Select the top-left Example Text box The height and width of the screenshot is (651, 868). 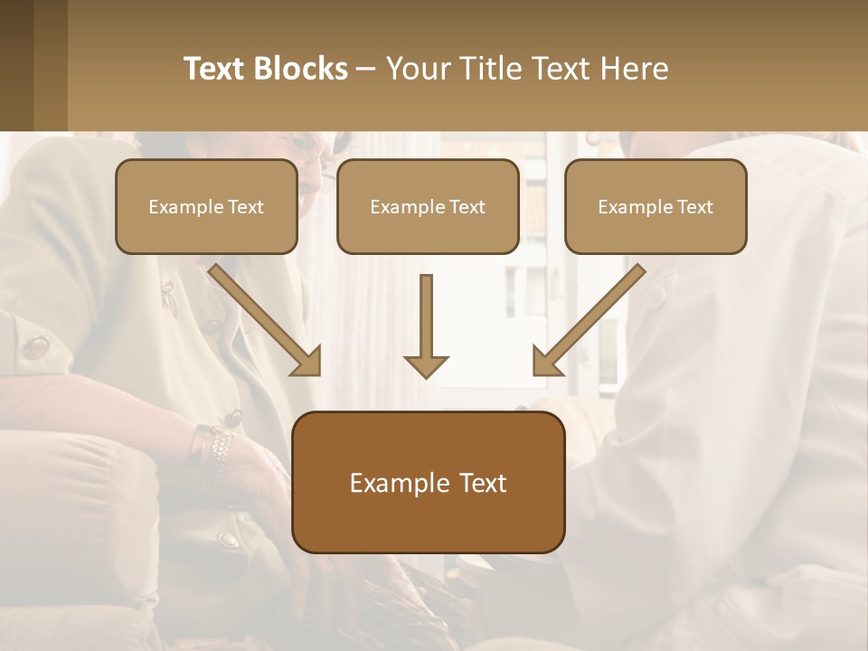coord(206,206)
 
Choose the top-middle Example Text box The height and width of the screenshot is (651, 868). coord(428,206)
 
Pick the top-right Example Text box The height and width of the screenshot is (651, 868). coord(656,206)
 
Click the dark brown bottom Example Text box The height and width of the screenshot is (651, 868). coord(428,483)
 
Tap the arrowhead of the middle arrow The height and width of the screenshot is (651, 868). coord(426,365)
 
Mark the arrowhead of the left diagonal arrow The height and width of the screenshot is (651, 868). coord(307,362)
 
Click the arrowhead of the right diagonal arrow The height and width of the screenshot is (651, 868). coord(546,362)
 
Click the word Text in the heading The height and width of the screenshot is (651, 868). coord(217,69)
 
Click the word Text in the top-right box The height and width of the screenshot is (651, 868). coord(693,206)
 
